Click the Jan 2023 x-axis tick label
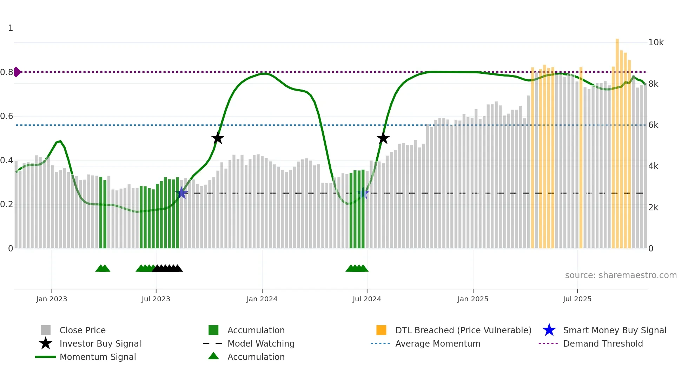click(x=52, y=299)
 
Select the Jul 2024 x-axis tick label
click(x=367, y=299)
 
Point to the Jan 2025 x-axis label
click(x=473, y=299)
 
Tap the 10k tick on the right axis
click(x=656, y=42)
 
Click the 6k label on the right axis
click(x=653, y=125)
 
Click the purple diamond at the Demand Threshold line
click(x=17, y=72)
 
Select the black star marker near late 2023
click(x=218, y=138)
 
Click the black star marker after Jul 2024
click(x=383, y=138)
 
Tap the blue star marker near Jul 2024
click(x=363, y=193)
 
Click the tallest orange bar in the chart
click(x=617, y=140)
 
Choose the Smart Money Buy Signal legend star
click(x=549, y=330)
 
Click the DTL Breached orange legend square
click(x=381, y=330)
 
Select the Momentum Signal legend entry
click(x=98, y=357)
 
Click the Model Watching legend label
click(x=261, y=343)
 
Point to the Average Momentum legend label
click(x=438, y=343)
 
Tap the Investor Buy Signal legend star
click(x=46, y=343)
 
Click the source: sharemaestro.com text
click(x=621, y=275)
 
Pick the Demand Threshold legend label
click(x=603, y=343)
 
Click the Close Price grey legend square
click(x=46, y=330)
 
